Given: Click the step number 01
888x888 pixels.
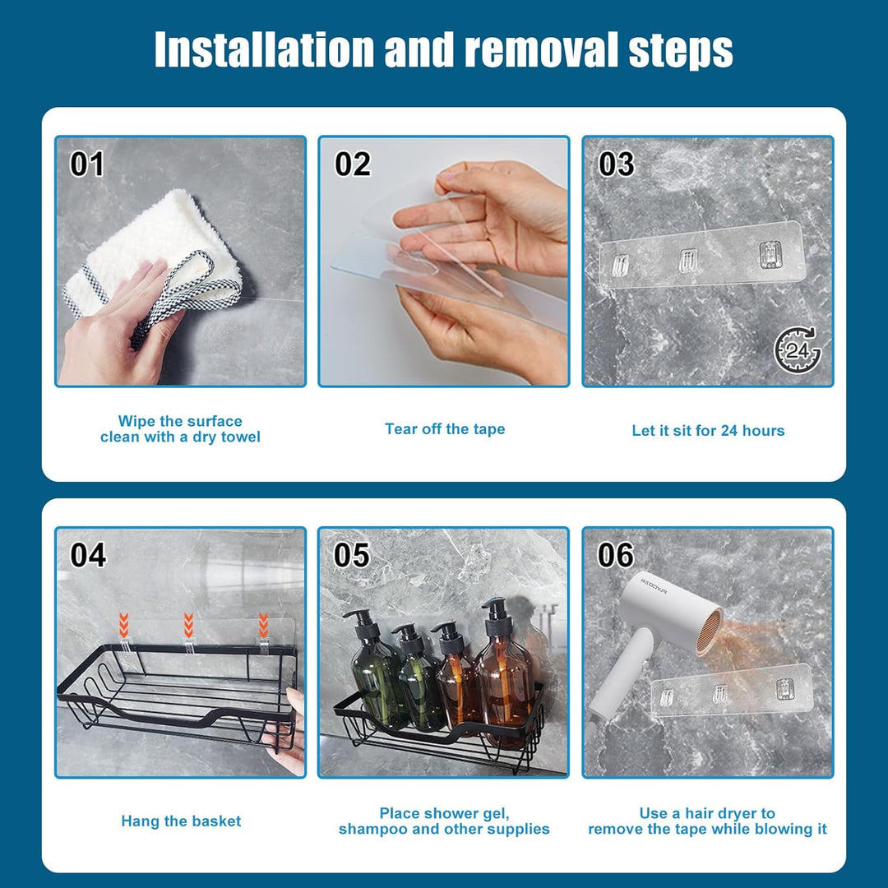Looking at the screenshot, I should pos(86,164).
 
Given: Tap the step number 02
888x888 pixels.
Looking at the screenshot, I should pos(352,164).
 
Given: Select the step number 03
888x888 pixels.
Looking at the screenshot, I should pos(616,164).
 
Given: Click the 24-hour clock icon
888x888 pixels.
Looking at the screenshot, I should pos(797,351).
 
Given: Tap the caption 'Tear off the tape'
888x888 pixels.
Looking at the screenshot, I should pos(444,428).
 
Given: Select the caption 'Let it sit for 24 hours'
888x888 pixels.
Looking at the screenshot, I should pos(708,430).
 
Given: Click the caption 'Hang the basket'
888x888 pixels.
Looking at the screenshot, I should pos(181,821).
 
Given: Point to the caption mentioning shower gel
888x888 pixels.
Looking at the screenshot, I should pos(444,821).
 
